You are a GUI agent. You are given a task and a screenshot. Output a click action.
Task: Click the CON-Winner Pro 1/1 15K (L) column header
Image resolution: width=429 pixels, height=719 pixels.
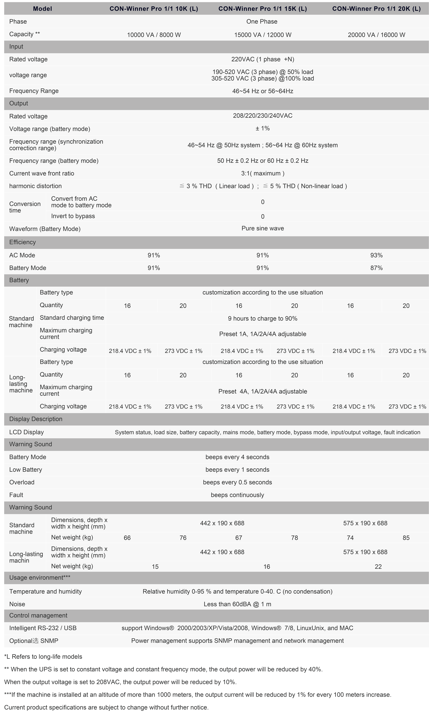263,9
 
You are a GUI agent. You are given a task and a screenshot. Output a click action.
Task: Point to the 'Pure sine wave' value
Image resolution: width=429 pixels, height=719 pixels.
263,228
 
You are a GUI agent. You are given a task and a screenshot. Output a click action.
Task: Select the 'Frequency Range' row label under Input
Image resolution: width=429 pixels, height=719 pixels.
34,91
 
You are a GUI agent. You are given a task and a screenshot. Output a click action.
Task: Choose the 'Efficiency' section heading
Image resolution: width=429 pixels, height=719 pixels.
23,242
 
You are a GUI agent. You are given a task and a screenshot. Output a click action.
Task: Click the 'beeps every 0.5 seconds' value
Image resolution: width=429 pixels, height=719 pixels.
237,482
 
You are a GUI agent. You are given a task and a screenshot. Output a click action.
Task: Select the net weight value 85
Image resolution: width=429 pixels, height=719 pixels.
406,538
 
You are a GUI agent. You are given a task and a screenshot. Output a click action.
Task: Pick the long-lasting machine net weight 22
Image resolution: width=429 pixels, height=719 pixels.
378,567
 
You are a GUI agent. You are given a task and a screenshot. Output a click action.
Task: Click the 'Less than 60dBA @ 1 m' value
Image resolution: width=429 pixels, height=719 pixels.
237,604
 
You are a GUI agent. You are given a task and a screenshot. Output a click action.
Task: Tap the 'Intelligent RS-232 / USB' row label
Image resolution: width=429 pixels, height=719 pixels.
43,628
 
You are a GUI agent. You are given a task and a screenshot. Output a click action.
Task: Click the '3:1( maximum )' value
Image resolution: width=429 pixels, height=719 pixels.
263,173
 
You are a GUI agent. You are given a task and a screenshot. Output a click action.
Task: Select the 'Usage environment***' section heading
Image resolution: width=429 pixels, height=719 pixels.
40,578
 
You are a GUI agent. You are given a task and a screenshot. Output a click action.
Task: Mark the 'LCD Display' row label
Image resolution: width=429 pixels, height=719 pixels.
27,432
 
